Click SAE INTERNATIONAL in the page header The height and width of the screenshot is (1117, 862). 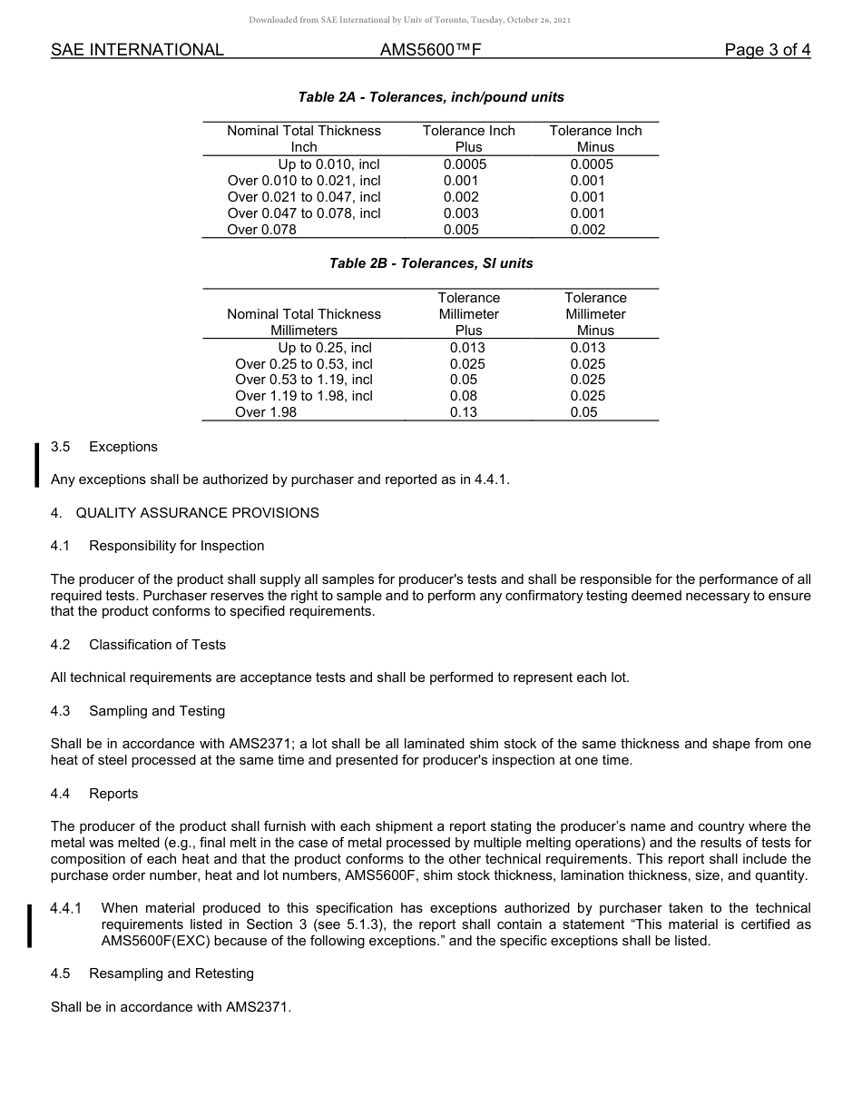click(137, 50)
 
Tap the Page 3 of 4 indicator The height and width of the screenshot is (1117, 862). click(767, 50)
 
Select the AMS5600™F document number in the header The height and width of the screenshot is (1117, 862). click(430, 50)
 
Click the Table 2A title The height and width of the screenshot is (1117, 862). click(431, 97)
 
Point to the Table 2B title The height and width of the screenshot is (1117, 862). click(431, 263)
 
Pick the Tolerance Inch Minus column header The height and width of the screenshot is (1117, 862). click(595, 138)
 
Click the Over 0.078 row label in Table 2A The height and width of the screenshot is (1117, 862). click(261, 230)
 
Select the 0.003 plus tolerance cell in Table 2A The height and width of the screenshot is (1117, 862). click(461, 213)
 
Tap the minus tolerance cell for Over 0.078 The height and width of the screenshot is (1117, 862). click(588, 230)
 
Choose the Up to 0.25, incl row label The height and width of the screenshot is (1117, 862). click(325, 347)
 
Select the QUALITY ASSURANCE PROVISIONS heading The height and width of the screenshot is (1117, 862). click(197, 513)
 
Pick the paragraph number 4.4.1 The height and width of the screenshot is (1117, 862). click(66, 908)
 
